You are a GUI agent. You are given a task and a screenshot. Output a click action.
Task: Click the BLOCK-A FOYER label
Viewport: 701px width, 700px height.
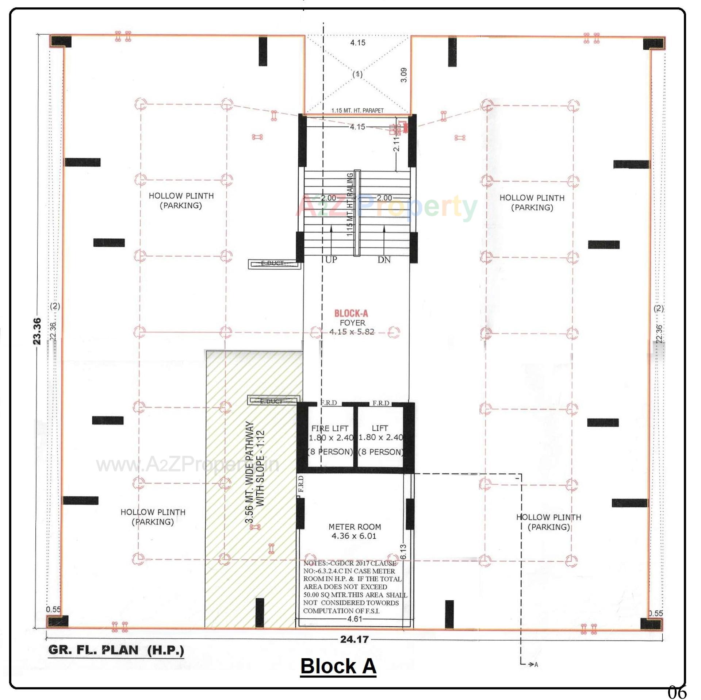pyautogui.click(x=351, y=318)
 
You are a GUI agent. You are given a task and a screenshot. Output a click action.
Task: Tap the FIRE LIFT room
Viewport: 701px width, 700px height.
pyautogui.click(x=330, y=440)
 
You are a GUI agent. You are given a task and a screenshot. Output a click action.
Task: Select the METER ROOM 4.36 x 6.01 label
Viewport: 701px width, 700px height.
pyautogui.click(x=355, y=531)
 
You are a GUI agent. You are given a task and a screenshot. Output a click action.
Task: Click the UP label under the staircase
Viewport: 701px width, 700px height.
pyautogui.click(x=331, y=260)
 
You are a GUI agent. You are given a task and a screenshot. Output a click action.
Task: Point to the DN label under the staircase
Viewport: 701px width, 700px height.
pyautogui.click(x=384, y=260)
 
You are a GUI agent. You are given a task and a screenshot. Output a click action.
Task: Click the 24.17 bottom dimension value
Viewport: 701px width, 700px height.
pyautogui.click(x=354, y=639)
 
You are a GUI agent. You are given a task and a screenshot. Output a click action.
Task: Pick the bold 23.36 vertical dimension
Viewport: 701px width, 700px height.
pyautogui.click(x=37, y=331)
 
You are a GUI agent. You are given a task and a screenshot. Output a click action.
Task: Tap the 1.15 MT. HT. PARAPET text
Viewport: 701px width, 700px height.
pyautogui.click(x=357, y=111)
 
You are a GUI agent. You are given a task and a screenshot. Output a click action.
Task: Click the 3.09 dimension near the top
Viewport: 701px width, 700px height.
pyautogui.click(x=403, y=75)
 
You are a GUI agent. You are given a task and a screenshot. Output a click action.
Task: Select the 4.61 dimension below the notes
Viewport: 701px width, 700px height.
pyautogui.click(x=355, y=619)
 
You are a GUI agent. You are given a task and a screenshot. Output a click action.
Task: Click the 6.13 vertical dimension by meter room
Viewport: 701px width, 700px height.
pyautogui.click(x=403, y=552)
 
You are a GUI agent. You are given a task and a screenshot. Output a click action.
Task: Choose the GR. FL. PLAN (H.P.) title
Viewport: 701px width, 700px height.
pyautogui.click(x=116, y=650)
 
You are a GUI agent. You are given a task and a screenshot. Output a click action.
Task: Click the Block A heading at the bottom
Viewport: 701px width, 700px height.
pyautogui.click(x=338, y=666)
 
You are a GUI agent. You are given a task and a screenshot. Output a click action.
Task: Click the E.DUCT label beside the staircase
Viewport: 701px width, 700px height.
pyautogui.click(x=273, y=263)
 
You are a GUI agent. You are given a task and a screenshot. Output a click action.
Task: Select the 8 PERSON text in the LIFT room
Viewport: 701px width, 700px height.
pyautogui.click(x=380, y=452)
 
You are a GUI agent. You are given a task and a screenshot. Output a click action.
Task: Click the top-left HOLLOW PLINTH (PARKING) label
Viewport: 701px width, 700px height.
pyautogui.click(x=181, y=200)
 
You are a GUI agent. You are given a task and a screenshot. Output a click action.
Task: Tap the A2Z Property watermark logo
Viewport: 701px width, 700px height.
pyautogui.click(x=386, y=207)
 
